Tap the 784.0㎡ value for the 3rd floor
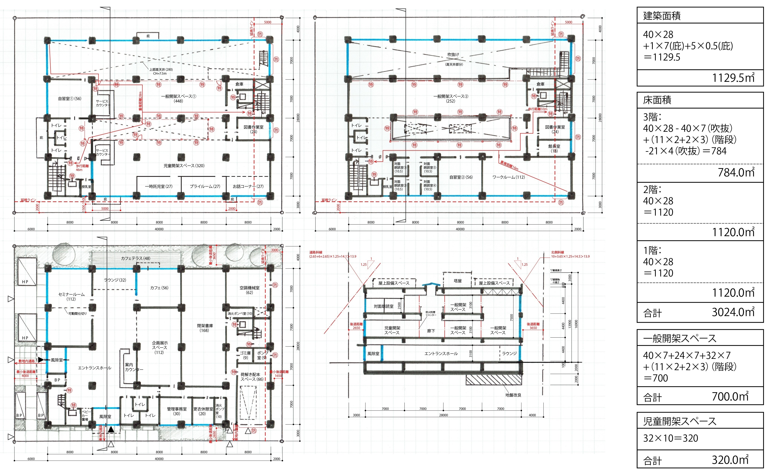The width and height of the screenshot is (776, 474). (x=736, y=172)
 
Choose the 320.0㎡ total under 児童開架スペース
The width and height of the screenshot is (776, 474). (x=730, y=460)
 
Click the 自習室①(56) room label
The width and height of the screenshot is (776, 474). (x=70, y=99)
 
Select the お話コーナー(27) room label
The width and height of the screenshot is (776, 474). (x=248, y=186)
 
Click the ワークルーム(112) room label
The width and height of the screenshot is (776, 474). (x=509, y=177)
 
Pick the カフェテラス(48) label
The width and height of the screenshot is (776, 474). (x=136, y=258)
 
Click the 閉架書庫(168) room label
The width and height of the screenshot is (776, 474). (x=205, y=328)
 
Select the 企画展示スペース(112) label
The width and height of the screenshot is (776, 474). (x=160, y=347)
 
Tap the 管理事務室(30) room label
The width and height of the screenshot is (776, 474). (x=177, y=411)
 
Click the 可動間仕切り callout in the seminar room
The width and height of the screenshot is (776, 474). (x=77, y=314)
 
